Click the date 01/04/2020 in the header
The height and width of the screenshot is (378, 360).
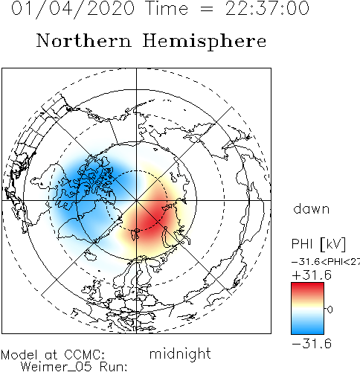point(73,9)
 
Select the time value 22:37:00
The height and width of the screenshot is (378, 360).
point(267,8)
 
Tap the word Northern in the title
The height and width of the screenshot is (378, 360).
point(84,40)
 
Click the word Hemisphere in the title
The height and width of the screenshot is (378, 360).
point(205,42)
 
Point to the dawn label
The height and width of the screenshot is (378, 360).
point(312,209)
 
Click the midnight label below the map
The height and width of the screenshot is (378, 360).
point(180,354)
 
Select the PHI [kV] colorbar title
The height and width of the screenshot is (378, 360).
point(318,244)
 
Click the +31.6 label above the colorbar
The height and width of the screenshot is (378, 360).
point(312,275)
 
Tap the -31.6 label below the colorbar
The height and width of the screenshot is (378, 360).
point(312,344)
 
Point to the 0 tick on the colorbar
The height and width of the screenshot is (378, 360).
point(330,310)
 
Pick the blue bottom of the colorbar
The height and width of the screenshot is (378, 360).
point(307,330)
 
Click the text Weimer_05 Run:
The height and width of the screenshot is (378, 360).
point(74,367)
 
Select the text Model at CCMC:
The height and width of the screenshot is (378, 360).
point(53,355)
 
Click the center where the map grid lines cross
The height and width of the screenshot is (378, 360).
point(136,200)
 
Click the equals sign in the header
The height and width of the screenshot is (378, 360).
point(206,9)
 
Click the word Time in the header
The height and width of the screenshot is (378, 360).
point(167,8)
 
